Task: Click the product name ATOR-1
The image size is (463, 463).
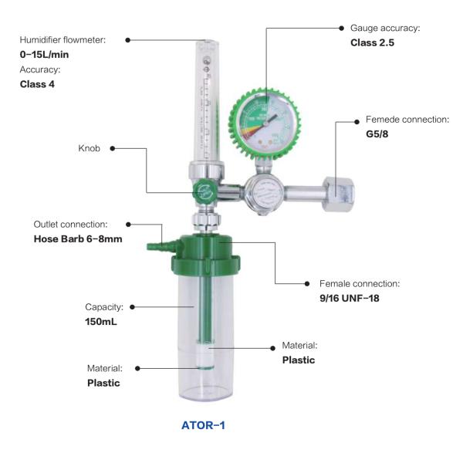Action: pyautogui.click(x=203, y=425)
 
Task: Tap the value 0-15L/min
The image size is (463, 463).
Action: pyautogui.click(x=44, y=54)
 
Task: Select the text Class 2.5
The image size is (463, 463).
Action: pyautogui.click(x=373, y=42)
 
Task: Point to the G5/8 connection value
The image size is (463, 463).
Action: pyautogui.click(x=377, y=133)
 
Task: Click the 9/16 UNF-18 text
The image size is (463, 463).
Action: pyautogui.click(x=350, y=298)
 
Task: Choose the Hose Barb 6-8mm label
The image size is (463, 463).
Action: pyautogui.click(x=78, y=239)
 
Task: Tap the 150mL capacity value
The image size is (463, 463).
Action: pyautogui.click(x=101, y=322)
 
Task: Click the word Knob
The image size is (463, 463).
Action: pyautogui.click(x=90, y=148)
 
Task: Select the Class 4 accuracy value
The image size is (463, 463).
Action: pyautogui.click(x=37, y=84)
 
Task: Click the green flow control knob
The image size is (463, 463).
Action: pyautogui.click(x=205, y=191)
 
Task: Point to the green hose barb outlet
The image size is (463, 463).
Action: pyautogui.click(x=163, y=245)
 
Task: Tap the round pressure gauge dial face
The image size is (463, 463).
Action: pyautogui.click(x=265, y=123)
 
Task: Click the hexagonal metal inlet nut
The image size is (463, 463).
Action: pyautogui.click(x=339, y=194)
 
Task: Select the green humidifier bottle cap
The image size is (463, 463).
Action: pyautogui.click(x=206, y=255)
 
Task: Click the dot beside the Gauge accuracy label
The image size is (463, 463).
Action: pyautogui.click(x=341, y=28)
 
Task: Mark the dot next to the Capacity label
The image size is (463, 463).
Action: pyautogui.click(x=132, y=307)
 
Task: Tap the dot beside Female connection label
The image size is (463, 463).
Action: pyautogui.click(x=307, y=284)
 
